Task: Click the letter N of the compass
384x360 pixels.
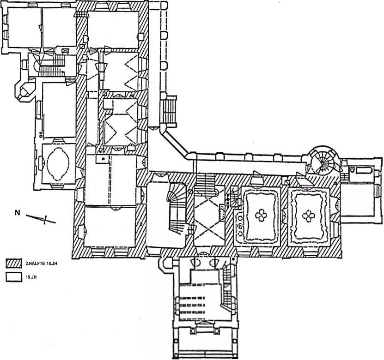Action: [x=18, y=213]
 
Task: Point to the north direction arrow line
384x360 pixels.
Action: [x=41, y=219]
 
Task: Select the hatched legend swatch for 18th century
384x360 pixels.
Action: [x=15, y=263]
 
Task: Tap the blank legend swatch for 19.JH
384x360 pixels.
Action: [x=15, y=277]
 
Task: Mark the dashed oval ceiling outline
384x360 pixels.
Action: [x=59, y=163]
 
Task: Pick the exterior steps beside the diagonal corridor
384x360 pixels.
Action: [x=168, y=111]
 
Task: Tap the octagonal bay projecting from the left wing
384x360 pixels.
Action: [x=25, y=90]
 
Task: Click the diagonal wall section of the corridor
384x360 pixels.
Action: [x=176, y=143]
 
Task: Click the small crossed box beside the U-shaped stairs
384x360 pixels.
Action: [x=65, y=50]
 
